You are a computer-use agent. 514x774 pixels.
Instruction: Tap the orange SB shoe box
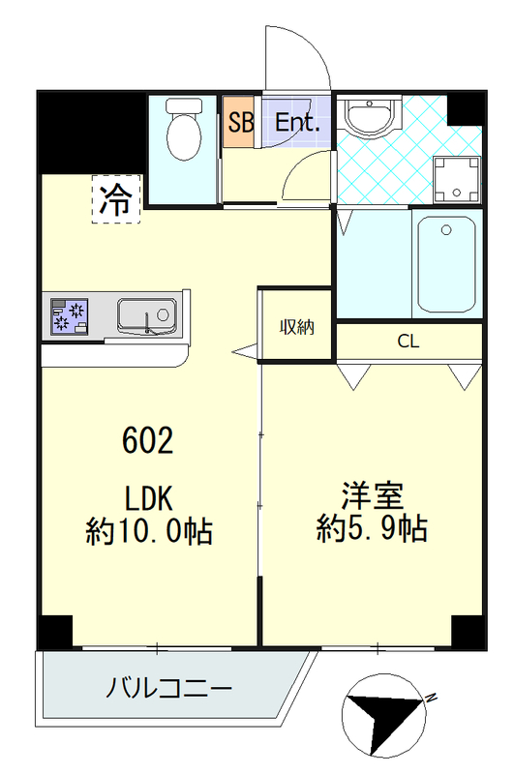(237, 123)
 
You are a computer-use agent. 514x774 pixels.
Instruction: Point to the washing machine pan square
(455, 179)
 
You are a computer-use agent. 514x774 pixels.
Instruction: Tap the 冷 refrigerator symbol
(116, 199)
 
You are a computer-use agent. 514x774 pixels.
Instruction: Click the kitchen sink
(146, 315)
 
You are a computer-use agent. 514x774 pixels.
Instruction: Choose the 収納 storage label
(297, 327)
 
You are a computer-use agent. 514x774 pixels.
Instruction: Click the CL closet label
(408, 342)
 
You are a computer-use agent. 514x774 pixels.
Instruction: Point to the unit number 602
(148, 441)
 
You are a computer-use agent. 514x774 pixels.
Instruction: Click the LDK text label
(148, 499)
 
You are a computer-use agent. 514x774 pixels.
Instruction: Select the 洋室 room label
(372, 496)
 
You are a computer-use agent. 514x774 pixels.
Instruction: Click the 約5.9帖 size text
(372, 528)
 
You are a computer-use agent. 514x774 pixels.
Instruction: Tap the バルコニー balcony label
(168, 689)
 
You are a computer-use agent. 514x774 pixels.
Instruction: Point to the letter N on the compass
(431, 697)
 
